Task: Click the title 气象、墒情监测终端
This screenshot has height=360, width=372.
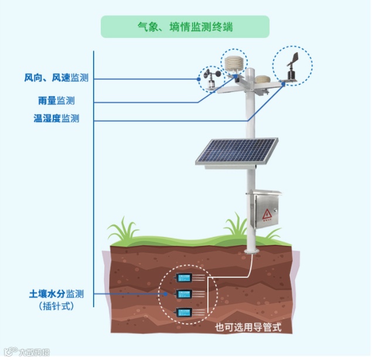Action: [x=185, y=26]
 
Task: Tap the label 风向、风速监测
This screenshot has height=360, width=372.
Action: [x=56, y=78]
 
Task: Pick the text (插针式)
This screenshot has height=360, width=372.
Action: [x=57, y=305]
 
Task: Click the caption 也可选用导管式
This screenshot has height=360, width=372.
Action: [x=248, y=327]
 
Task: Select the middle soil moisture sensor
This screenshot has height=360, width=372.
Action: [x=185, y=294]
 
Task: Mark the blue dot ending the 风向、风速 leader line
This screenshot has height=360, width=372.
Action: [x=199, y=78]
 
